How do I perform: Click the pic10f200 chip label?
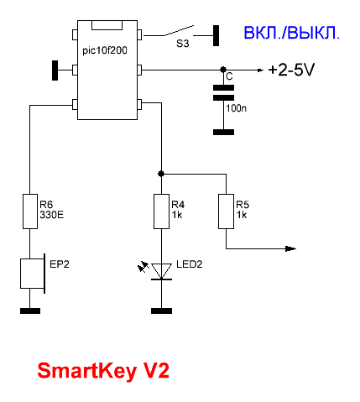(105, 51)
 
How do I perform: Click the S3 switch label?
(183, 44)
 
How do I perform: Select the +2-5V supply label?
(291, 70)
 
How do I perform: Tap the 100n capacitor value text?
(237, 108)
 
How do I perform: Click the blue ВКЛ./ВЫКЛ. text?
(292, 33)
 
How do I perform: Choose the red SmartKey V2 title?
(103, 371)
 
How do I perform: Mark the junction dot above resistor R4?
(161, 174)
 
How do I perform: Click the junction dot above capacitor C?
(223, 69)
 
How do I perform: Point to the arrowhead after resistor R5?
(290, 248)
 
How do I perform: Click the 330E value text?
(52, 215)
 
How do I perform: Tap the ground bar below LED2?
(161, 311)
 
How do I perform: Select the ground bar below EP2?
(30, 311)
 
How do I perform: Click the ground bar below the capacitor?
(223, 132)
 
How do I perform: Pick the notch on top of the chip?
(107, 25)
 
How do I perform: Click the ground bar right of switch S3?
(216, 35)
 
